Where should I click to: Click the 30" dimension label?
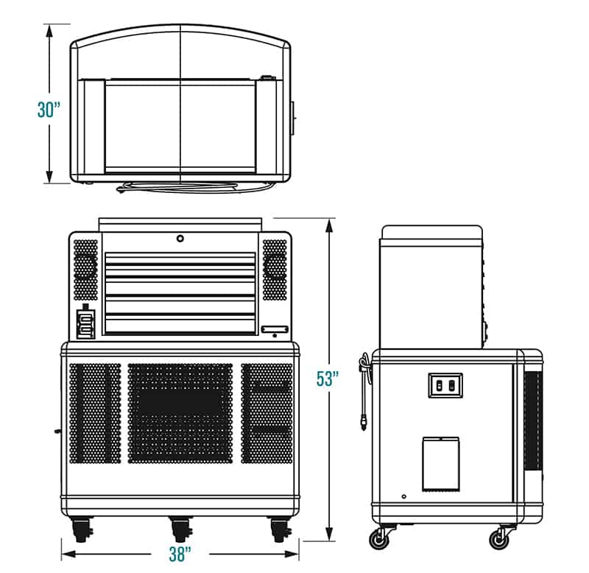pyautogui.click(x=49, y=110)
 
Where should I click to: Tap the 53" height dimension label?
pyautogui.click(x=328, y=379)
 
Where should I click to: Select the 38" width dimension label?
pyautogui.click(x=180, y=554)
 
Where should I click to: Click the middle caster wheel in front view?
pyautogui.click(x=181, y=530)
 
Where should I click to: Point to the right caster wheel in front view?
pyautogui.click(x=281, y=530)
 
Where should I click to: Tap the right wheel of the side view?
pyautogui.click(x=499, y=540)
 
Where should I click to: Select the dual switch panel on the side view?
pyautogui.click(x=445, y=385)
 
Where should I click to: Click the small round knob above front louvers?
pyautogui.click(x=180, y=238)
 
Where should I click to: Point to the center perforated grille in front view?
pyautogui.click(x=180, y=413)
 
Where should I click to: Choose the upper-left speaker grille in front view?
pyautogui.click(x=85, y=270)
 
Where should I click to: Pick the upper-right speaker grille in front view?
pyautogui.click(x=275, y=270)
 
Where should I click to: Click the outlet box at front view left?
pyautogui.click(x=86, y=323)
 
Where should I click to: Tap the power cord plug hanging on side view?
pyautogui.click(x=363, y=423)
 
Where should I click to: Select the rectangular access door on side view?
pyautogui.click(x=440, y=465)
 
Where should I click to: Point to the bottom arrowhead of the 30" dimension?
pyautogui.click(x=49, y=176)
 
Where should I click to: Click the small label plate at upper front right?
pyautogui.click(x=275, y=328)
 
